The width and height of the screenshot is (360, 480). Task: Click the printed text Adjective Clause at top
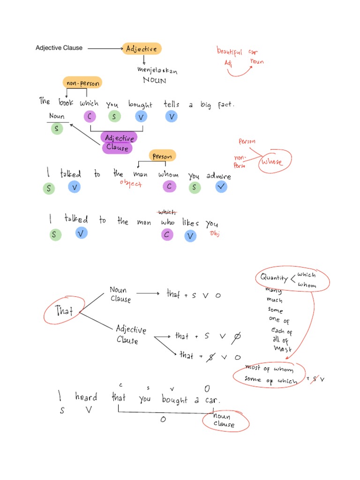[x=59, y=48]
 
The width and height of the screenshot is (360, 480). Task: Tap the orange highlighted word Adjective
[x=142, y=48]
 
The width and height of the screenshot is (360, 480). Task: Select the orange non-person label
[x=82, y=83]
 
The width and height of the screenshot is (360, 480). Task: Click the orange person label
[x=162, y=156]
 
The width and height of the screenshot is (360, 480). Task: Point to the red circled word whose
[x=273, y=162]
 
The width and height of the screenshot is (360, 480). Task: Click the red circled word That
[x=64, y=310]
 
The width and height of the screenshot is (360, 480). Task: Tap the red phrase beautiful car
[x=236, y=52]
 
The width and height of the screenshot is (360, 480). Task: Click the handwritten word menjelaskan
[x=157, y=70]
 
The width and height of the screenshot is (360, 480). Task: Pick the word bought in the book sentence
[x=140, y=104]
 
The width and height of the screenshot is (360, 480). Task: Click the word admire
[x=218, y=176]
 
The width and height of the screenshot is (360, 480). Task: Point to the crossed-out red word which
[x=167, y=212]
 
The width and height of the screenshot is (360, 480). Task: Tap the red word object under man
[x=131, y=184]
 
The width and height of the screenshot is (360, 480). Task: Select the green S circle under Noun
[x=57, y=129]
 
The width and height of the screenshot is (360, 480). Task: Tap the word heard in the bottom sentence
[x=86, y=397]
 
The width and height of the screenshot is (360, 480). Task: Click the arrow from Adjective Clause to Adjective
[x=104, y=48]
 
